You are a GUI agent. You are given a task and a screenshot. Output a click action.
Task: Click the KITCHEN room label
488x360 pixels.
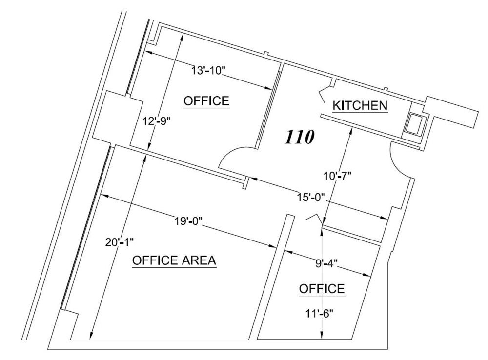360,106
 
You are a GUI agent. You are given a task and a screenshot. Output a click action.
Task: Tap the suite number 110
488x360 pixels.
300,137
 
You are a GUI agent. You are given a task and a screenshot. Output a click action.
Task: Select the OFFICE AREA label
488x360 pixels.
174,260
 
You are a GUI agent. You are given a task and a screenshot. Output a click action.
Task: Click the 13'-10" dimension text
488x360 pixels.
207,71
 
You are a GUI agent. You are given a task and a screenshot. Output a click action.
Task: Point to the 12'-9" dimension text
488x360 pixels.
157,120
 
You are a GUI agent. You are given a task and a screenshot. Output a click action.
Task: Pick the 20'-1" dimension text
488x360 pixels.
120,242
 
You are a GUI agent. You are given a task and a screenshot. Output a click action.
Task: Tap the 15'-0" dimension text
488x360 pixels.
310,197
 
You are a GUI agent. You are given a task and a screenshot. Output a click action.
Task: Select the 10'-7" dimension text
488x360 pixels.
337,176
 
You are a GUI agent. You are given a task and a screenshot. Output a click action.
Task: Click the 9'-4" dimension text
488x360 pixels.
326,264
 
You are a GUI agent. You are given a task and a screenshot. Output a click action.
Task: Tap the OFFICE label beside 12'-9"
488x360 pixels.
206,101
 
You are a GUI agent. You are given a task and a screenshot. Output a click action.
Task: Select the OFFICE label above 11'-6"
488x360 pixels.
322,289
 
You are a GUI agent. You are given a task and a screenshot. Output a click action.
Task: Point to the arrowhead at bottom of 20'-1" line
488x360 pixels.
91,336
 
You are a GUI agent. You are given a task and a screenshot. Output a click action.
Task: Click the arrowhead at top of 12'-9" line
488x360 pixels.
182,38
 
